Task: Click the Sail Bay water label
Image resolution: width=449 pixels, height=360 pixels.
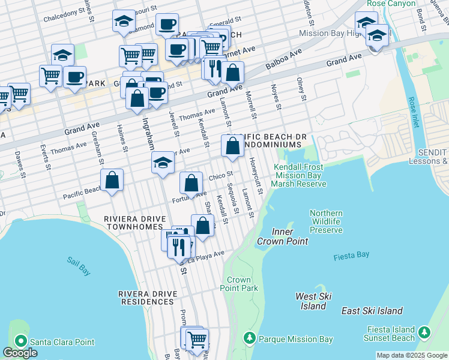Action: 79,266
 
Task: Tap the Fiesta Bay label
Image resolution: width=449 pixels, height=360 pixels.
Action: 351,256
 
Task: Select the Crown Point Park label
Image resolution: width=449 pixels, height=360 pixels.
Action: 239,284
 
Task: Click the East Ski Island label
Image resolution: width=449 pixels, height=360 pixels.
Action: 372,311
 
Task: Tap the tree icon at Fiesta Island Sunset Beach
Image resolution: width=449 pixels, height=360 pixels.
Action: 424,332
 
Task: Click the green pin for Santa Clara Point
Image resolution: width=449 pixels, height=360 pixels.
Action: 20,341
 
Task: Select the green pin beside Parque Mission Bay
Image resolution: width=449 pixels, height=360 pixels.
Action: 250,339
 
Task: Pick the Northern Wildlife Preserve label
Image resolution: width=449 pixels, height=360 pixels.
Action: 326,221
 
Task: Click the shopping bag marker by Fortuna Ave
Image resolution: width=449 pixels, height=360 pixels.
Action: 191,182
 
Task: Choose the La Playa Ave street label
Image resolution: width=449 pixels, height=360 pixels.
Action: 206,255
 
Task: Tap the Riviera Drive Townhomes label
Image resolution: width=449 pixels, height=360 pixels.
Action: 133,223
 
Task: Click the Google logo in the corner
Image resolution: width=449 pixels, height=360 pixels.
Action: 20,353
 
